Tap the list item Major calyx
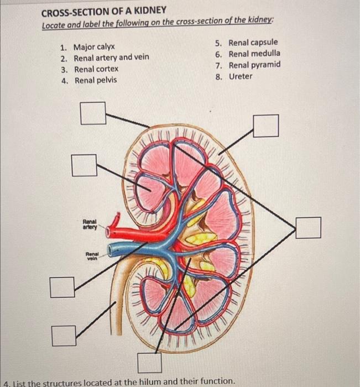[x=95, y=47]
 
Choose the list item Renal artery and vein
[x=112, y=57]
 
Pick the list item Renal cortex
[x=96, y=69]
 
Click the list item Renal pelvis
[x=96, y=80]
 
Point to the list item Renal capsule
[x=254, y=43]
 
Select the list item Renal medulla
[x=254, y=54]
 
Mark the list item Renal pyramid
[x=254, y=65]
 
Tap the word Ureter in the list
[x=241, y=76]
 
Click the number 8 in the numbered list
[x=219, y=76]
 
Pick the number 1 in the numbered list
[x=64, y=47]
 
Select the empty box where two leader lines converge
[x=308, y=228]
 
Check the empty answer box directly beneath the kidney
[x=149, y=363]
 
